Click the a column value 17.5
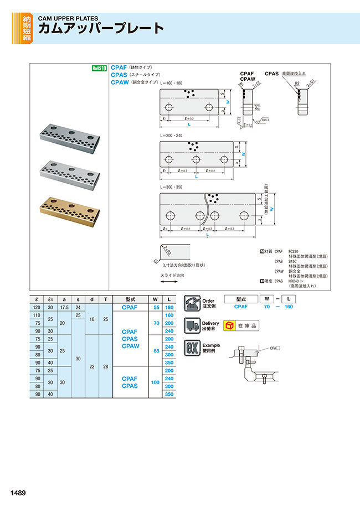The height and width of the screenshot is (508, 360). [x=63, y=307]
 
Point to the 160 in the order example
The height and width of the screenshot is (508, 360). [x=288, y=307]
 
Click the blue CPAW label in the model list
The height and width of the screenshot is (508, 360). [x=120, y=82]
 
